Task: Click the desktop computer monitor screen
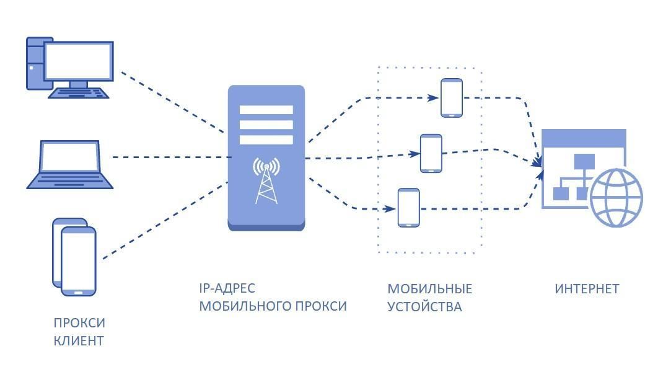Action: tap(79, 61)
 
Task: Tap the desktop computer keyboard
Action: tap(78, 93)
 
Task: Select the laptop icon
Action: tap(70, 164)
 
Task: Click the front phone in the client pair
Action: tap(78, 261)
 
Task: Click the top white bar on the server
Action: tap(266, 110)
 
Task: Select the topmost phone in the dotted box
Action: tap(452, 98)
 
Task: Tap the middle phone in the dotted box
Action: tap(431, 153)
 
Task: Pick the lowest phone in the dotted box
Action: tap(409, 207)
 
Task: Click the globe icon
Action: tap(616, 198)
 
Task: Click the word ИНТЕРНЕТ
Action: tap(587, 289)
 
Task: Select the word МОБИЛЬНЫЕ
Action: tap(429, 289)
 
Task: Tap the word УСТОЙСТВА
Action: tap(424, 307)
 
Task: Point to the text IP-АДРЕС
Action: tap(227, 288)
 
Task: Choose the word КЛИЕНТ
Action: tap(79, 341)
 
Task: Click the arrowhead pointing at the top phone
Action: tap(433, 98)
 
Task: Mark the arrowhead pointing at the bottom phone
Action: tap(390, 209)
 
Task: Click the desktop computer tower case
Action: tap(35, 63)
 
